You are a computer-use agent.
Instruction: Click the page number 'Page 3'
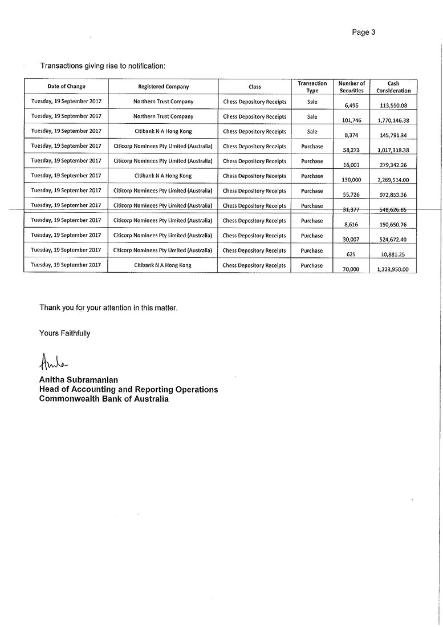363,33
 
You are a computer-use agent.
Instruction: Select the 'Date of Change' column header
66,87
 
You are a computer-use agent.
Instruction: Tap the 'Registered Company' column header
163,87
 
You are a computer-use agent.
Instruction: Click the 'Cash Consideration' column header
393,87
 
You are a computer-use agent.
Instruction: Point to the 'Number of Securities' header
351,87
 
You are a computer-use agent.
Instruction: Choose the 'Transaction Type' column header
312,87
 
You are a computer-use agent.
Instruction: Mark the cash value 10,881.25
393,254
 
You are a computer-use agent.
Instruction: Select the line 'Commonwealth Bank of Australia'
104,399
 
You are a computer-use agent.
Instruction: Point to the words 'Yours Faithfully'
64,333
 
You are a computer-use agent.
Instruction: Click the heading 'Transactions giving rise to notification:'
103,66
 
